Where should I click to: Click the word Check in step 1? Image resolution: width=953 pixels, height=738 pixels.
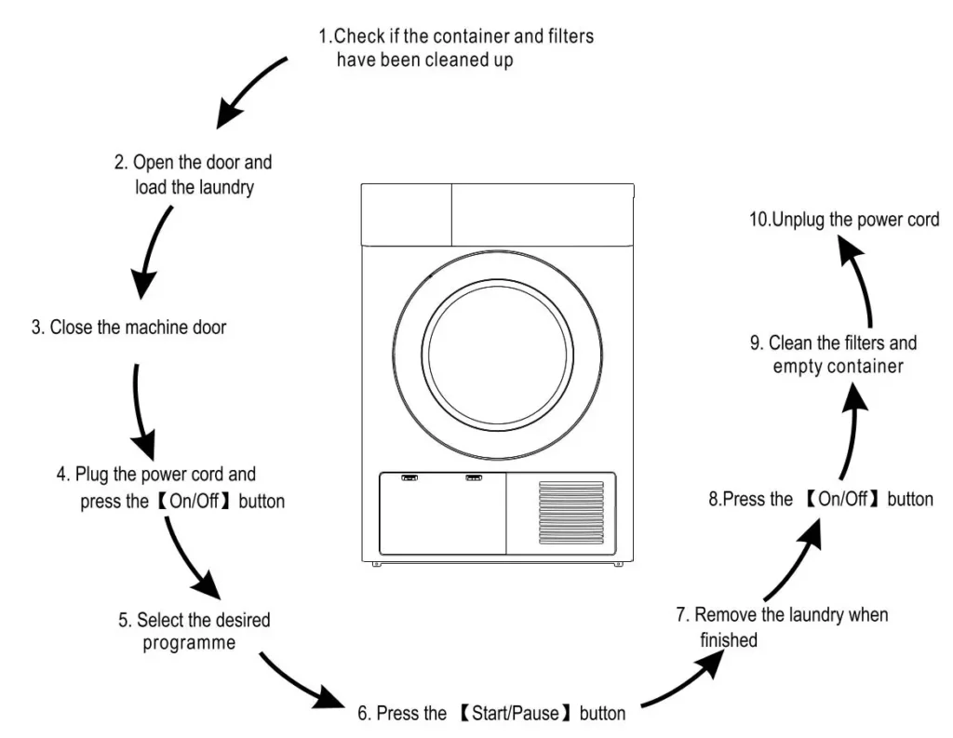pos(360,36)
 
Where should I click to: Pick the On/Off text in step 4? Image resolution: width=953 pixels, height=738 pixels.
pos(194,501)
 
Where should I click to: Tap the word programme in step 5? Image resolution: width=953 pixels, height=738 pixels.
pos(189,643)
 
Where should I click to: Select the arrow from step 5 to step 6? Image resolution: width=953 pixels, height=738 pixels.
pos(301,682)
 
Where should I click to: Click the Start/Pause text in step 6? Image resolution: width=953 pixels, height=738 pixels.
pos(516,713)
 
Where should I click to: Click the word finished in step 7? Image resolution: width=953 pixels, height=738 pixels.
pos(729,639)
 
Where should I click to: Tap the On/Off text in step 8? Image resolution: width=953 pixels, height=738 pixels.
pos(843,499)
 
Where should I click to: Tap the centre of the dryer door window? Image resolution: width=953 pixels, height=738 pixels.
pos(498,355)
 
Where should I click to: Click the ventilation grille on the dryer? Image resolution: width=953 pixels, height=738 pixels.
pos(571,513)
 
